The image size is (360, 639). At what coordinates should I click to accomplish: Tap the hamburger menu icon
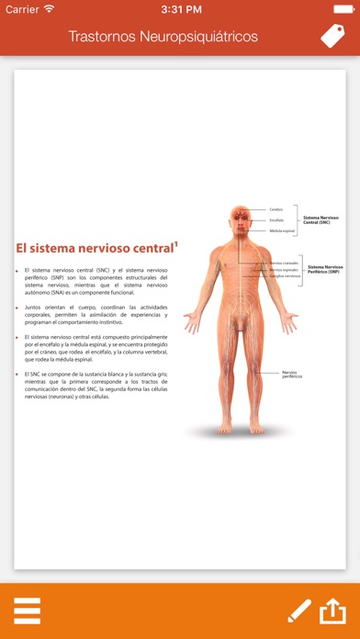tap(27, 611)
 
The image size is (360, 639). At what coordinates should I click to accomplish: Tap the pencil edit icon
tap(299, 611)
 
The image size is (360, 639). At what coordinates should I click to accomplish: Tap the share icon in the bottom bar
tap(332, 610)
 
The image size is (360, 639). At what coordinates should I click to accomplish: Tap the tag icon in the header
tap(332, 36)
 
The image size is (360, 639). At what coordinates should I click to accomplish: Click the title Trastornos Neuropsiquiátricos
tap(163, 37)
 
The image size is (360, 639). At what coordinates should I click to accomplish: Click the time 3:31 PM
tap(180, 8)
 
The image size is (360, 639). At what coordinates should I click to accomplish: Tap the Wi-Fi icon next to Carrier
tap(49, 8)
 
